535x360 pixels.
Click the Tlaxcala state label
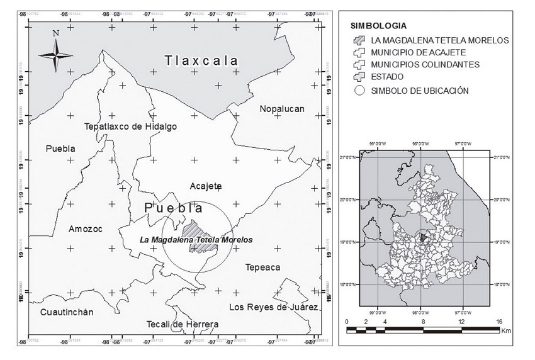click(201, 61)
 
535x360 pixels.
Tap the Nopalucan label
click(281, 109)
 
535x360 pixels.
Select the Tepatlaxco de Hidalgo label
click(131, 127)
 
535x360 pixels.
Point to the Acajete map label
click(205, 186)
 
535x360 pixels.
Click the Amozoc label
click(85, 228)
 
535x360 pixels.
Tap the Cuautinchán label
click(66, 312)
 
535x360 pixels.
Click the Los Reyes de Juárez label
click(273, 307)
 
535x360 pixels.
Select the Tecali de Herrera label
click(183, 324)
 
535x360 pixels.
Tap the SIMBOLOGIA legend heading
click(378, 26)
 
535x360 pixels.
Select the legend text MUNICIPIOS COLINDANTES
click(425, 64)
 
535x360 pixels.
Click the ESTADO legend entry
click(387, 77)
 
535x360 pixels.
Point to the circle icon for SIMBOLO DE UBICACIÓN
click(359, 90)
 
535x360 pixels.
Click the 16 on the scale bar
click(499, 322)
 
